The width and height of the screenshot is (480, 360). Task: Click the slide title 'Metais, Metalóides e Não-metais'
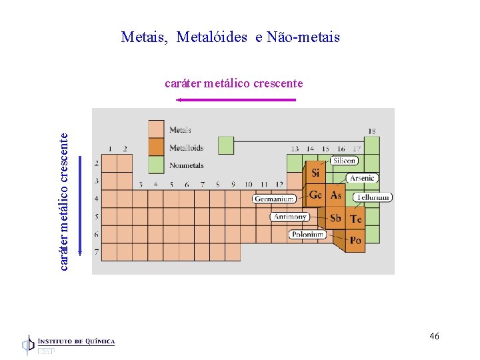point(230,37)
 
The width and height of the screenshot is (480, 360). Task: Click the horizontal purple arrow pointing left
point(236,100)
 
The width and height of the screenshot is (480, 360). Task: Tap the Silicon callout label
point(345,161)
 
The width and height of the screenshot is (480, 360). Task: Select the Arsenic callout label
point(362,178)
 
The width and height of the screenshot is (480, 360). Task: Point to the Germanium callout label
point(274,199)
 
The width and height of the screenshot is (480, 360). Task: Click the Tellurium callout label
point(373,197)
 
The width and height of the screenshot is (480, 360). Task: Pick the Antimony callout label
point(290,217)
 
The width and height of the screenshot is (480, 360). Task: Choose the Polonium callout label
point(307,234)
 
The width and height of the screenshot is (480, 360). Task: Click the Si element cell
point(315,173)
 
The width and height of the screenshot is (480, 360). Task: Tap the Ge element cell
point(315,195)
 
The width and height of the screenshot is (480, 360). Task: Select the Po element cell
point(355,240)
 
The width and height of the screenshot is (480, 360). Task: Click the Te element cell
point(356,219)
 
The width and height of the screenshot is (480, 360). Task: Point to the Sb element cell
point(336,218)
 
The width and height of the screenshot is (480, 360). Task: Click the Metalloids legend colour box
point(156,147)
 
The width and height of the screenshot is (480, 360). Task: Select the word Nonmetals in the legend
point(187,165)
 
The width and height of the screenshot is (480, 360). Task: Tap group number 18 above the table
point(371,131)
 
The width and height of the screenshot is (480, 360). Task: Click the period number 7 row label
point(97,252)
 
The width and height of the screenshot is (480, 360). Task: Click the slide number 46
point(434,336)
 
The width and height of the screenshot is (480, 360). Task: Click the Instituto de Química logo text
point(76,342)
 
